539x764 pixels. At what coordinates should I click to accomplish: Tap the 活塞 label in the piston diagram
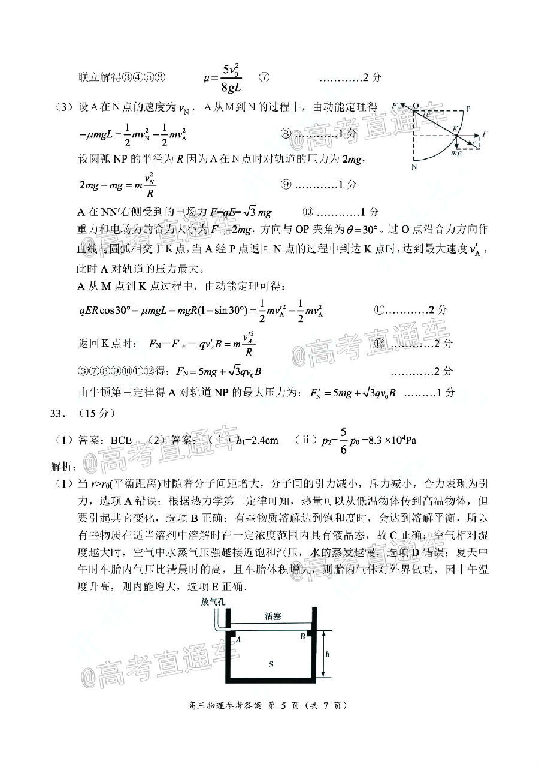(272, 616)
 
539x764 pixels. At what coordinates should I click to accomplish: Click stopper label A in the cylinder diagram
(238, 640)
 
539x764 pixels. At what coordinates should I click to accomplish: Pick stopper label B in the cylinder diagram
(303, 635)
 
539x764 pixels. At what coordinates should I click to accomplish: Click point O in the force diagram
(415, 104)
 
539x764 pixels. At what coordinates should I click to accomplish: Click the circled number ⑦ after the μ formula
(264, 78)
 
